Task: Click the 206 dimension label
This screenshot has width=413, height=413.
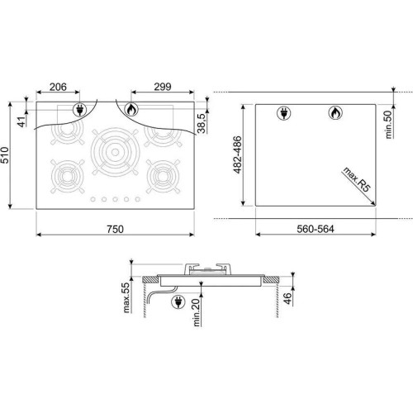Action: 58,87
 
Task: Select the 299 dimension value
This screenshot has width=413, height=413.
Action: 163,87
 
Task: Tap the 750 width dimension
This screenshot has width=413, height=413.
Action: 115,229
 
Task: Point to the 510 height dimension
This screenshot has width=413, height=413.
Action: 5,155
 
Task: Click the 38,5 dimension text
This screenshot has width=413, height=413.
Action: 202,123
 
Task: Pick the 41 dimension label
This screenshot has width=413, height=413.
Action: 21,121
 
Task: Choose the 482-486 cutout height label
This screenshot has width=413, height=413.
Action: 237,154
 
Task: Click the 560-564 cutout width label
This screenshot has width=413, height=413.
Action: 316,229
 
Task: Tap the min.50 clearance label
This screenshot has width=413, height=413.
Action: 388,125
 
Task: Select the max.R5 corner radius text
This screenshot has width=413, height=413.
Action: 357,179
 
